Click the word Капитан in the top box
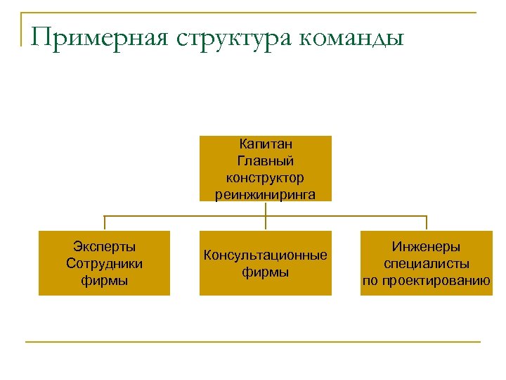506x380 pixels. point(266,144)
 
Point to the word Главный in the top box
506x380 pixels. point(266,161)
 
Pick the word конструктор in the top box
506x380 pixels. point(266,177)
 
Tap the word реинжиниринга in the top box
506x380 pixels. point(266,194)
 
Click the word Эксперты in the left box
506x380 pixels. point(104,246)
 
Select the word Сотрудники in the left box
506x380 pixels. point(104,263)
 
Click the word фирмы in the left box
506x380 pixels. point(104,280)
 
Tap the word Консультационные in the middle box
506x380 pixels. point(266,255)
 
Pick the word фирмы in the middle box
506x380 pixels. point(266,272)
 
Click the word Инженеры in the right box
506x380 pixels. point(427,247)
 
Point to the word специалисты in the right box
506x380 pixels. point(427,264)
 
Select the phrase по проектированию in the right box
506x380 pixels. point(427,281)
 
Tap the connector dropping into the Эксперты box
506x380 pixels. point(105,223)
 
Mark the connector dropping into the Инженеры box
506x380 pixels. point(427,223)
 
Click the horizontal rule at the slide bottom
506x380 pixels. point(253,342)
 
